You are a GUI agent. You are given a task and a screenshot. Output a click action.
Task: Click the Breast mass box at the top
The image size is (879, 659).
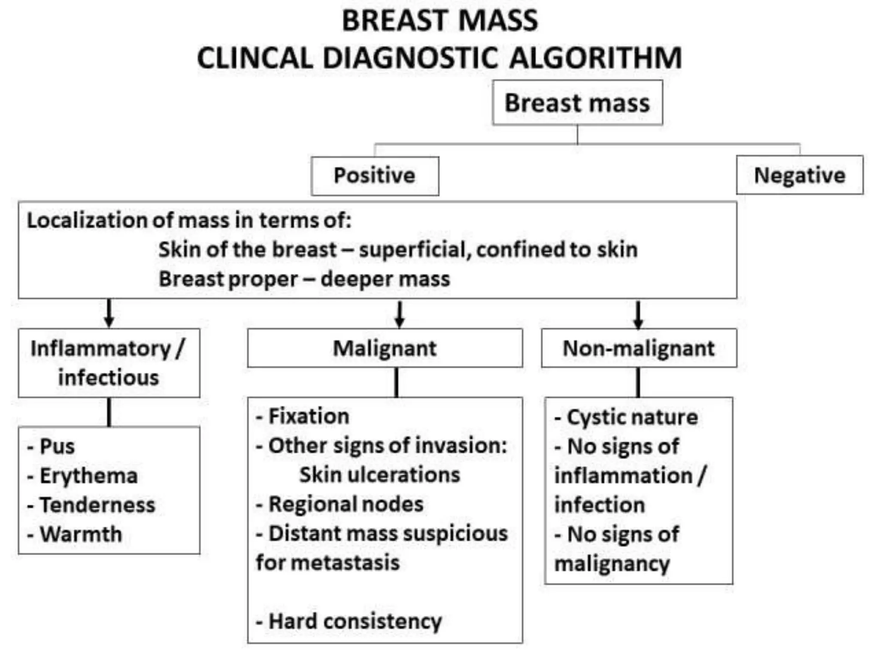(577, 103)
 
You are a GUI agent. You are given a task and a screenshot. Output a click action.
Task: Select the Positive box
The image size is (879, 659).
(375, 175)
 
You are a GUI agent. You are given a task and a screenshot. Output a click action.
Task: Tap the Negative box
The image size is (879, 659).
(800, 175)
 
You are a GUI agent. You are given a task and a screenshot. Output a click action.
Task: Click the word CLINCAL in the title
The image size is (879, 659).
(255, 58)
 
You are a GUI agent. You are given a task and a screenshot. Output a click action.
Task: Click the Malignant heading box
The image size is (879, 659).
(385, 348)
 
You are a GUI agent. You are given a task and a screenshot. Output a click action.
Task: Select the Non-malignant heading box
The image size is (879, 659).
(639, 348)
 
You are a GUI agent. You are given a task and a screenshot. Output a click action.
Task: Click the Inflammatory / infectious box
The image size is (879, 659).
(109, 363)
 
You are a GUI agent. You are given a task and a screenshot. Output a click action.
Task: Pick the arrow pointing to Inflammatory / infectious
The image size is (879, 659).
(109, 314)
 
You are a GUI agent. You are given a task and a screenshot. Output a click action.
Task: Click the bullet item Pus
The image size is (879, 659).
(57, 446)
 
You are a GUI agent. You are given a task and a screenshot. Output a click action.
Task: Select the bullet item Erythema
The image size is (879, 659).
(88, 475)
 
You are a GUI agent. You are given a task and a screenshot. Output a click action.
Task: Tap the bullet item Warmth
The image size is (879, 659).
(80, 534)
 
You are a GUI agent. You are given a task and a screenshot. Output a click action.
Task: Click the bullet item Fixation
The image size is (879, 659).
(308, 416)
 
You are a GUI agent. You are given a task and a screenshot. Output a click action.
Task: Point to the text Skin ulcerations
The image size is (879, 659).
(379, 475)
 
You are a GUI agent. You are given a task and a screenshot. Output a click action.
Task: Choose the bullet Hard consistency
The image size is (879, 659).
(355, 621)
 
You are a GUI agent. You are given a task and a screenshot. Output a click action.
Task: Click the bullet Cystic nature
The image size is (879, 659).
(632, 417)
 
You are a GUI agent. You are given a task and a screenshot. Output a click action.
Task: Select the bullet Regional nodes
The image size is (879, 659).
(346, 504)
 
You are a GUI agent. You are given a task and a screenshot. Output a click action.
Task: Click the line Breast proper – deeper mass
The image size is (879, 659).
(304, 279)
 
